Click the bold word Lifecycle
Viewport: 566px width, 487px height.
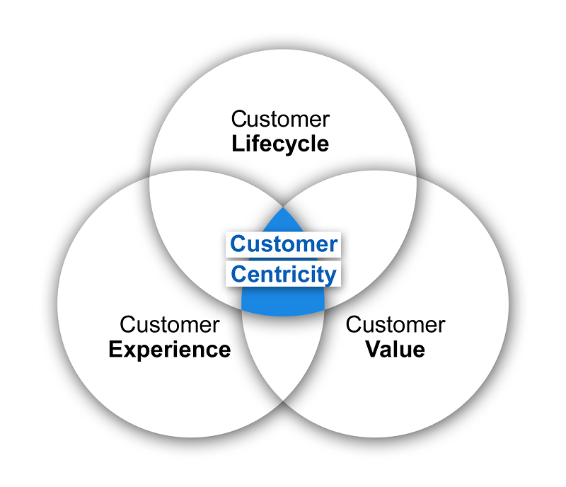pos(280,144)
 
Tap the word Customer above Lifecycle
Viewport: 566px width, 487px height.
pos(280,118)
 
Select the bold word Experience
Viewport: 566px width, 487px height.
pos(169,349)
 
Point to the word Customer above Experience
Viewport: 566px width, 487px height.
pos(169,324)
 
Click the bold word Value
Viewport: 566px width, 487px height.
pos(395,349)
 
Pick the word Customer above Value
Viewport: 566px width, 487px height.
pos(395,324)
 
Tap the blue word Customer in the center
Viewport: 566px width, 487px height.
pos(284,244)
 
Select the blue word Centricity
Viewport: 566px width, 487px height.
pos(284,273)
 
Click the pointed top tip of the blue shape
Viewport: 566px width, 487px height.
pos(283,207)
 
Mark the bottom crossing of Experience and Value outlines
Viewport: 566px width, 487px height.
pos(283,402)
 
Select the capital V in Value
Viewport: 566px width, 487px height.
pos(373,349)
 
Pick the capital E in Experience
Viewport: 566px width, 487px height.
pos(115,349)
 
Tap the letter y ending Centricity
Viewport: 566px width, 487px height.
pos(331,275)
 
